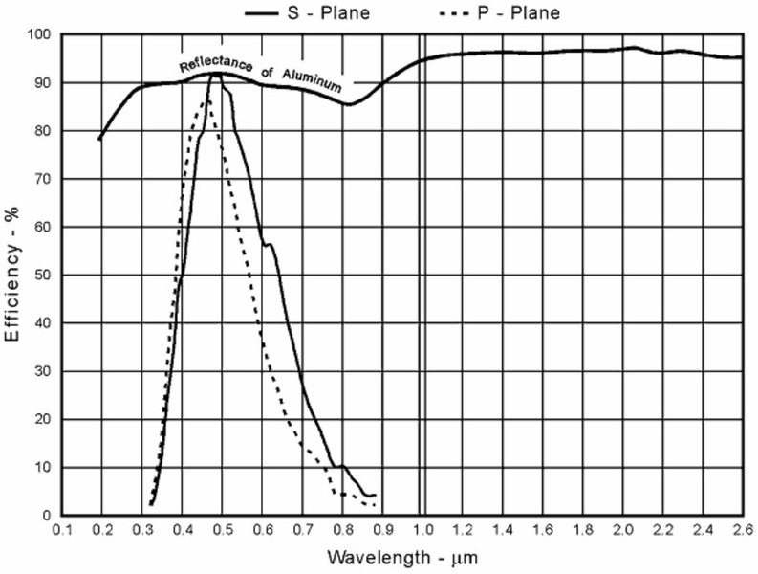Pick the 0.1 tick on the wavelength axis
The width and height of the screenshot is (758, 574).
pyautogui.click(x=62, y=529)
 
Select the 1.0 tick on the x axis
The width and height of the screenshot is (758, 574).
pyautogui.click(x=422, y=529)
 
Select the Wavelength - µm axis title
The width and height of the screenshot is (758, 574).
pyautogui.click(x=401, y=556)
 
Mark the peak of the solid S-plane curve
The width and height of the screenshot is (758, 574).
pyautogui.click(x=216, y=75)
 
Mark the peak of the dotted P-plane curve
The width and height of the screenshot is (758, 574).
pyautogui.click(x=206, y=100)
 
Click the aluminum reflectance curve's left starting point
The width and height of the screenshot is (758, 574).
pyautogui.click(x=99, y=140)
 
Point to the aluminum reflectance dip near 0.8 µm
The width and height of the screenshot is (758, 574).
pyautogui.click(x=350, y=104)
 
